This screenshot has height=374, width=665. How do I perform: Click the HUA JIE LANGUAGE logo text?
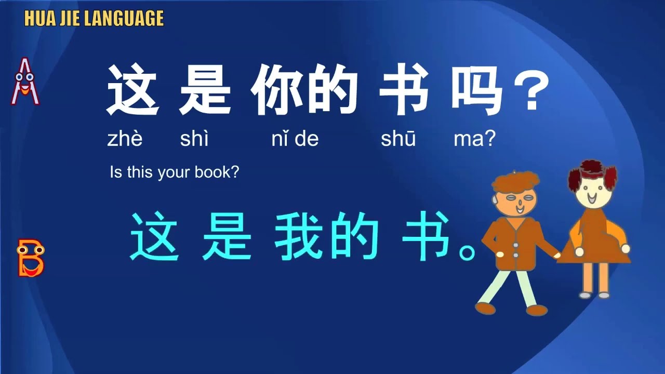(94, 19)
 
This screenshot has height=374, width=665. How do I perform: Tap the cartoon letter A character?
(25, 82)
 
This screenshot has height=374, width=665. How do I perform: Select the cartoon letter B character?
(30, 258)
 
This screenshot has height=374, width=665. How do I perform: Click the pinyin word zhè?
(125, 139)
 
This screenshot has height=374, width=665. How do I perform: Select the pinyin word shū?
(398, 139)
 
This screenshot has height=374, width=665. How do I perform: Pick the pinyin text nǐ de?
(295, 139)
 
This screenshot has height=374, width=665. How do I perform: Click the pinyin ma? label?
(474, 139)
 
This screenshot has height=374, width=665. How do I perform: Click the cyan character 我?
(299, 236)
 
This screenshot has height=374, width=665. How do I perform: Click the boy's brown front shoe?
(485, 308)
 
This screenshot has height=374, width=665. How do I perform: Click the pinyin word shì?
(194, 139)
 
